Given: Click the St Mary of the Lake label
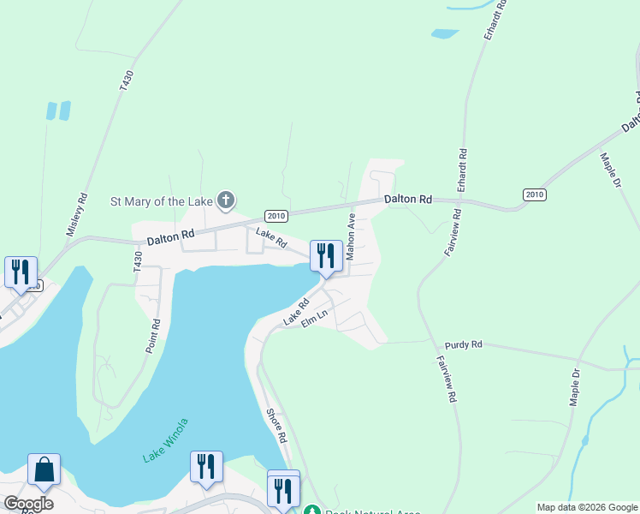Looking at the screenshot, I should tap(162, 202).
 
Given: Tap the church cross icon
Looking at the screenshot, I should tap(225, 201).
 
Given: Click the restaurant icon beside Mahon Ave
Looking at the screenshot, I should tap(325, 255).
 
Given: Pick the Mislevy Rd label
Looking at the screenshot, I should tap(77, 214).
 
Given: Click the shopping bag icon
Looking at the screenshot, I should tap(44, 470).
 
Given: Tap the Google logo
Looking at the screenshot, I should tap(28, 504).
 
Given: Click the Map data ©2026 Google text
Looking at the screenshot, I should tap(587, 507).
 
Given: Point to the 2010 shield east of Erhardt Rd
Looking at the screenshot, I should tap(535, 194).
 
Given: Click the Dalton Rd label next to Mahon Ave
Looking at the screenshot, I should tap(407, 199).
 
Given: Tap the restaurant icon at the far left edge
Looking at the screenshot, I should tap(21, 272).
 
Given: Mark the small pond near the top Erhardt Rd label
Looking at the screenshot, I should tap(445, 34).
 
